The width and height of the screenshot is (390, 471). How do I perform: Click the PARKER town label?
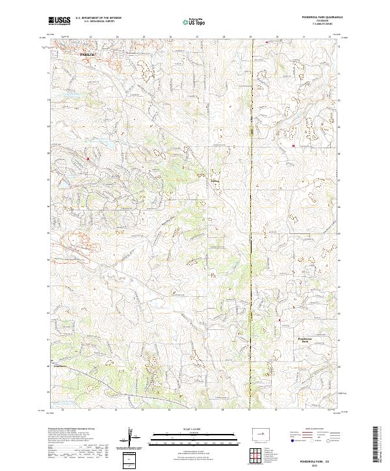point(86,55)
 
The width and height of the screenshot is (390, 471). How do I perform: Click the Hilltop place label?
point(215,172)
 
